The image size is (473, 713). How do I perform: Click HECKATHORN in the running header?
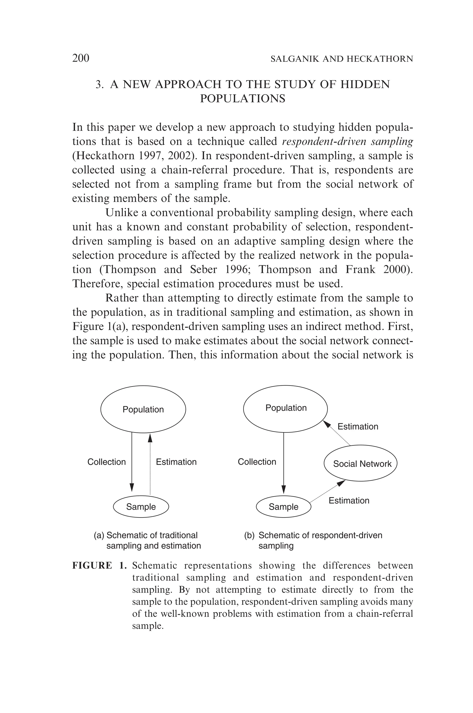[x=380, y=59]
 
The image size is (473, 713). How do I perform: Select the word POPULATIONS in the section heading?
[x=243, y=99]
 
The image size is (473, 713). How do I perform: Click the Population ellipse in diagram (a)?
[x=143, y=409]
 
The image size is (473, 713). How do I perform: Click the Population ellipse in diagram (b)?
[x=285, y=408]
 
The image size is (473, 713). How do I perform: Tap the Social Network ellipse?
[x=361, y=464]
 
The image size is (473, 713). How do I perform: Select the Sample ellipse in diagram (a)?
[x=141, y=507]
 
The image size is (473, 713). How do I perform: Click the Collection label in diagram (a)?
[x=106, y=462]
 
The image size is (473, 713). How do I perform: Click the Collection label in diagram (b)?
[x=257, y=462]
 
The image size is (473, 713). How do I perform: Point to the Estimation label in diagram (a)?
[x=176, y=462]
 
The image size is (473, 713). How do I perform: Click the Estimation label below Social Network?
[x=349, y=500]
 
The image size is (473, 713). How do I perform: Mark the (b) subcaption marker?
[x=249, y=535]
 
